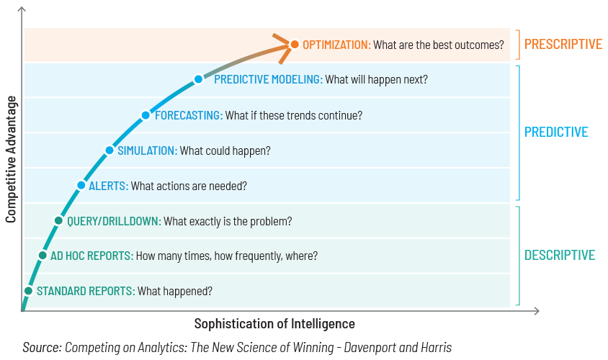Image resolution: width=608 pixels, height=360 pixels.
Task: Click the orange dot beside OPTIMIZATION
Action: [x=295, y=45]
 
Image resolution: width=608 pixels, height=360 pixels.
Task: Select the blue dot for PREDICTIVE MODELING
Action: [x=199, y=79]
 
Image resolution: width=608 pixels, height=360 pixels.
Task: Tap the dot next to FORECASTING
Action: [x=146, y=115]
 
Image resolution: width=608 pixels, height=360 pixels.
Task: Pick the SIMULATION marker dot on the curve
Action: [x=109, y=150]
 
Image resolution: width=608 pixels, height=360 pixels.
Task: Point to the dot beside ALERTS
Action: [x=81, y=185]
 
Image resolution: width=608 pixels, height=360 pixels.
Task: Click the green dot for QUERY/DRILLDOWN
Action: [x=58, y=220]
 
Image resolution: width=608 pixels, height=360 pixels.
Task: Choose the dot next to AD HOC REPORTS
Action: [x=43, y=256]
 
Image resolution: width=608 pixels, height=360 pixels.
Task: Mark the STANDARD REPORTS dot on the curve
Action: [x=28, y=291]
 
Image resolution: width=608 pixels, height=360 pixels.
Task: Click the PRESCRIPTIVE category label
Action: [x=563, y=44]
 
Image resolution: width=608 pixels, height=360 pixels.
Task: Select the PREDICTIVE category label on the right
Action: [x=556, y=132]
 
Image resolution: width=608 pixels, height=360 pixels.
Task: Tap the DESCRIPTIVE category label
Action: [x=560, y=255]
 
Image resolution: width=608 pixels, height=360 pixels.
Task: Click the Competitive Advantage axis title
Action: [x=11, y=159]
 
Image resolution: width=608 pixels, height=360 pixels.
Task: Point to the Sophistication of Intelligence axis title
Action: [x=274, y=323]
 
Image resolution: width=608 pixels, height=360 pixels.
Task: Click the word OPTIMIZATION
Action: [x=336, y=45]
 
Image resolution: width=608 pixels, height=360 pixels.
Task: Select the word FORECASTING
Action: [x=189, y=115]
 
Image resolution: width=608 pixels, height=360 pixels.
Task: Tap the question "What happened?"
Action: [x=175, y=291]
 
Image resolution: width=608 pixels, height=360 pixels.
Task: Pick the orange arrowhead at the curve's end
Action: [x=282, y=48]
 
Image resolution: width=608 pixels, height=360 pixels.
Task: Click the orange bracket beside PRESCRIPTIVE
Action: [x=518, y=45]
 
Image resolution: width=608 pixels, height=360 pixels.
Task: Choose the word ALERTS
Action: [x=108, y=186]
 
